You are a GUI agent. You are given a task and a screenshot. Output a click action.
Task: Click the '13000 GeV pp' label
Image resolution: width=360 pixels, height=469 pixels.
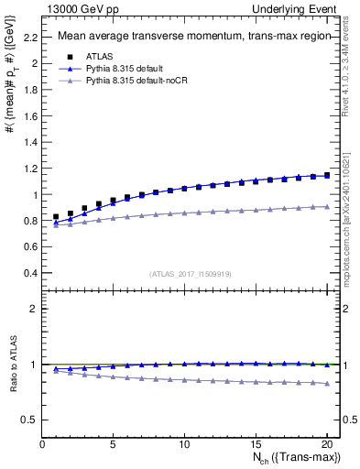[x=74, y=7]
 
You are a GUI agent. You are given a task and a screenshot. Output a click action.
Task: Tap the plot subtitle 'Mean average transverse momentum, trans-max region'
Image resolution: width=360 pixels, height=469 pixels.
[x=189, y=38]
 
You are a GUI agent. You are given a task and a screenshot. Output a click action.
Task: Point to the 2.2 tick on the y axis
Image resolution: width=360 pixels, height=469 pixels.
[x=30, y=38]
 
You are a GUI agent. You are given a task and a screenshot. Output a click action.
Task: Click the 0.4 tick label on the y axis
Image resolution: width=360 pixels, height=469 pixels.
[x=30, y=273]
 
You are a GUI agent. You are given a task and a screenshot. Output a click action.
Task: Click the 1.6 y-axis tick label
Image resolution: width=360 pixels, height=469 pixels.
[x=30, y=116]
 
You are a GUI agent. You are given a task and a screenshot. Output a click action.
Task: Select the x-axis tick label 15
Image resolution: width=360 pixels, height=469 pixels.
[x=256, y=446]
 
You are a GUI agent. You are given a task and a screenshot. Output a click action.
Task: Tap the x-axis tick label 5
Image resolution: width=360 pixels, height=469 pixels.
[x=113, y=446]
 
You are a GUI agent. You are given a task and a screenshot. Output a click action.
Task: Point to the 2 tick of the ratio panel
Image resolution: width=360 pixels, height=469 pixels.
[x=33, y=309]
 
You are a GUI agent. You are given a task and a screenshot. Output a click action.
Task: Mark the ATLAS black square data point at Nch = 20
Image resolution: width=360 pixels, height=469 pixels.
[x=326, y=175]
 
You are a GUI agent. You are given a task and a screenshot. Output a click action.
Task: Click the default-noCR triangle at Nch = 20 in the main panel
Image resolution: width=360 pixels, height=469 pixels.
[x=326, y=207]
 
